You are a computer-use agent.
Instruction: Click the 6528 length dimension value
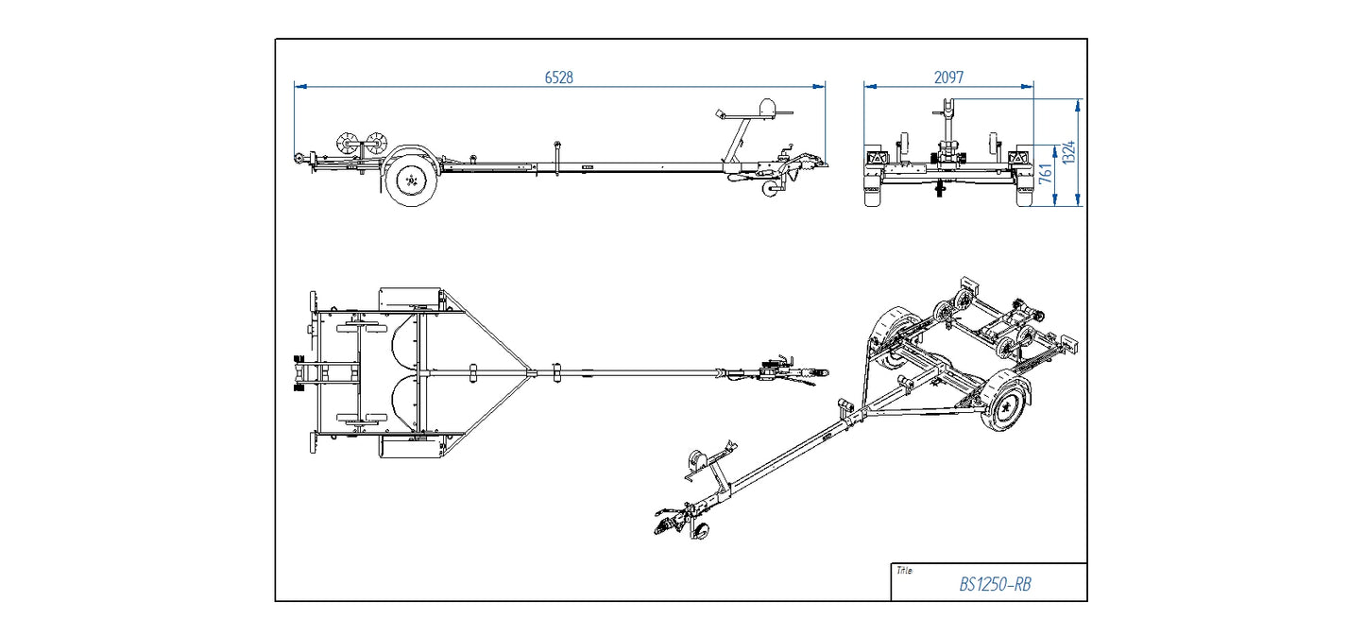pyautogui.click(x=558, y=77)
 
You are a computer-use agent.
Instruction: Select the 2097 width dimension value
pyautogui.click(x=948, y=77)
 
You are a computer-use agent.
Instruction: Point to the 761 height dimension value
pyautogui.click(x=1046, y=174)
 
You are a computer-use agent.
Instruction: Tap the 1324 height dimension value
pyautogui.click(x=1069, y=151)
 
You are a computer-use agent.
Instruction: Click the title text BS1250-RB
pyautogui.click(x=995, y=584)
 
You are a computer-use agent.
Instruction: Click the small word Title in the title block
pyautogui.click(x=904, y=571)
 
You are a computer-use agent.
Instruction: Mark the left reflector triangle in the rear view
pyautogui.click(x=875, y=158)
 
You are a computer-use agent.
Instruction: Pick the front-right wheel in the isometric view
pyautogui.click(x=1007, y=404)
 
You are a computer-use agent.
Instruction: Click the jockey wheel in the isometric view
pyautogui.click(x=701, y=531)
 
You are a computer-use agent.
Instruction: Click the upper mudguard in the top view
pyautogui.click(x=411, y=298)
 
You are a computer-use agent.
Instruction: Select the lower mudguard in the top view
pyautogui.click(x=411, y=448)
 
